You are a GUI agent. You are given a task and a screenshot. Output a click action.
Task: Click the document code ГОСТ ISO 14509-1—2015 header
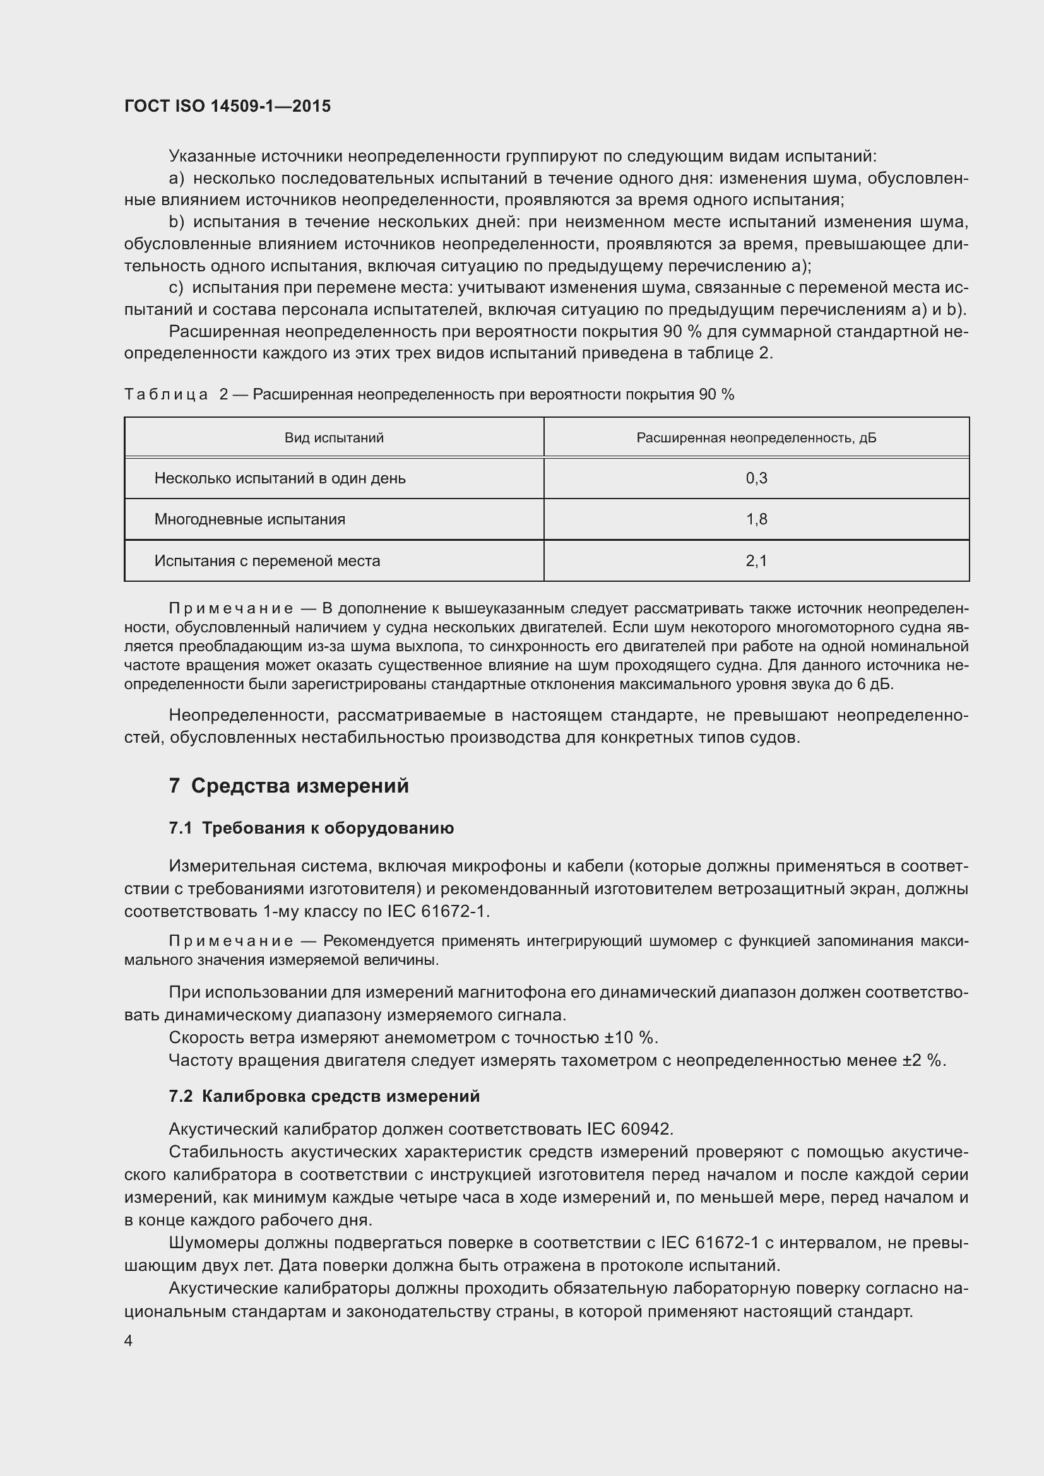[228, 106]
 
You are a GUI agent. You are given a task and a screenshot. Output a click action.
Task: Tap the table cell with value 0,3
[756, 478]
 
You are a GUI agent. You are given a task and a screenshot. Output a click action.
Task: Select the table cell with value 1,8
[756, 519]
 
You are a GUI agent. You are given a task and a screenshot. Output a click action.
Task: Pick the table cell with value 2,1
[756, 560]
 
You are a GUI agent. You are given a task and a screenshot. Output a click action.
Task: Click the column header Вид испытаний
[334, 438]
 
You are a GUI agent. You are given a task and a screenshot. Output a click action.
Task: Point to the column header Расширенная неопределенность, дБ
[756, 438]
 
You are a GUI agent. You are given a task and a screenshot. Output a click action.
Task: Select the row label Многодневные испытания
[249, 519]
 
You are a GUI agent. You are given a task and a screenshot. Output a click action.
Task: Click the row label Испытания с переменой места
[267, 560]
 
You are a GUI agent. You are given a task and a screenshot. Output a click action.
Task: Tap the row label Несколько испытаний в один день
[280, 478]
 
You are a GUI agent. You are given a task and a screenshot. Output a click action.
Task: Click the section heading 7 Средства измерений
[288, 786]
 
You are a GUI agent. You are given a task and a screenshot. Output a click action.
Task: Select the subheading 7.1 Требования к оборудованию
[311, 829]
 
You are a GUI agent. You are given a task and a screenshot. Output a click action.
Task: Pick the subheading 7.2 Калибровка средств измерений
[324, 1096]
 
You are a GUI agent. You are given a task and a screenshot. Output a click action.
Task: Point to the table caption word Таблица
[166, 394]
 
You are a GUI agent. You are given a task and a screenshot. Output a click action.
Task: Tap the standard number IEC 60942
[629, 1129]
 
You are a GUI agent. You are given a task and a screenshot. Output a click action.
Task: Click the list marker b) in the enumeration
[176, 222]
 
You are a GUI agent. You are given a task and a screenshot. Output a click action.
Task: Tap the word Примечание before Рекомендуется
[231, 941]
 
